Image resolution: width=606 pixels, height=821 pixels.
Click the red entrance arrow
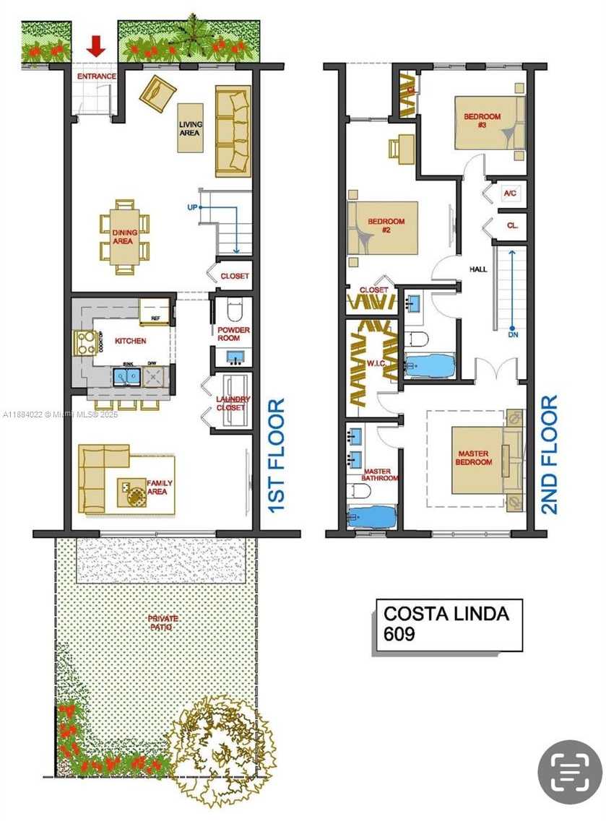coord(96,48)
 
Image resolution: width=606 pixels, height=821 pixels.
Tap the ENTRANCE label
coord(97,76)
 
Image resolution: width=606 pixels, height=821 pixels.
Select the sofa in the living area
coord(233,131)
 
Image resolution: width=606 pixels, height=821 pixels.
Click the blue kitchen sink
coord(126,376)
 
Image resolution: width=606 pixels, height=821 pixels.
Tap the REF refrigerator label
coord(155,318)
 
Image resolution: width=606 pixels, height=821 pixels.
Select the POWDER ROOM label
coord(233,334)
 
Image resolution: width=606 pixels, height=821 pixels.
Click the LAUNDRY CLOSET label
coord(233,404)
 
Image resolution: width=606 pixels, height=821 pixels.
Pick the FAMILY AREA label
coord(157,487)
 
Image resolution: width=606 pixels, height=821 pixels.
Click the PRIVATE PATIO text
coord(160,623)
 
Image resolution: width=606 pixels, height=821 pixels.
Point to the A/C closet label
coord(510,194)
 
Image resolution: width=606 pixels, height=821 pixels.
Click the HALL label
coord(478,269)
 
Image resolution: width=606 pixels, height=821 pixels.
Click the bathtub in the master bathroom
coord(372,517)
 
